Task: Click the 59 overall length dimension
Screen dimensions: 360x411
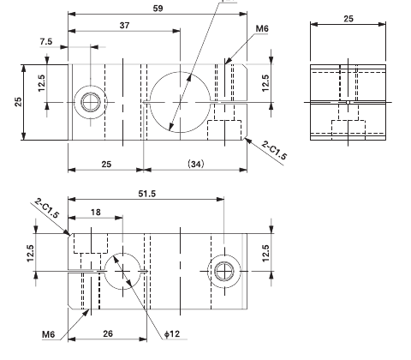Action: [157, 8]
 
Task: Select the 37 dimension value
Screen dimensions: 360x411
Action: [125, 25]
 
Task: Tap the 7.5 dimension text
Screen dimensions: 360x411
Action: [45, 40]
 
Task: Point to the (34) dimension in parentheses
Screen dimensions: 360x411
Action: [194, 162]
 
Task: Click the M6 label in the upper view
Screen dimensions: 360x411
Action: [262, 28]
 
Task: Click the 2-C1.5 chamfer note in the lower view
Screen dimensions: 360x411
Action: [46, 210]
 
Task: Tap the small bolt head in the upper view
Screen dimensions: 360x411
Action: [90, 101]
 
